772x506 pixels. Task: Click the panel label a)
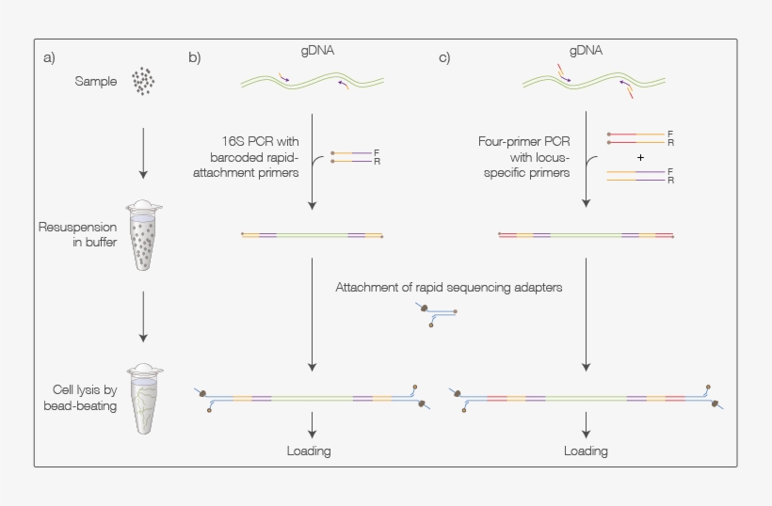click(50, 57)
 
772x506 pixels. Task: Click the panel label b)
click(194, 57)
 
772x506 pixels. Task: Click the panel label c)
click(443, 57)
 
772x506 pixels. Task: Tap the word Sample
click(96, 82)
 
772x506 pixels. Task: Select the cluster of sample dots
click(143, 81)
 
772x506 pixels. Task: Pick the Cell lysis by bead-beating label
click(79, 399)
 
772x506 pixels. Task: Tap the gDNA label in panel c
click(586, 51)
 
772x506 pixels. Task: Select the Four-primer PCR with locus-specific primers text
click(525, 157)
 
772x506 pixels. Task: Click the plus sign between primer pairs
click(640, 158)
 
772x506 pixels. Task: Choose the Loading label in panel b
click(309, 451)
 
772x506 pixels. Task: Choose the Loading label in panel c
click(586, 451)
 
